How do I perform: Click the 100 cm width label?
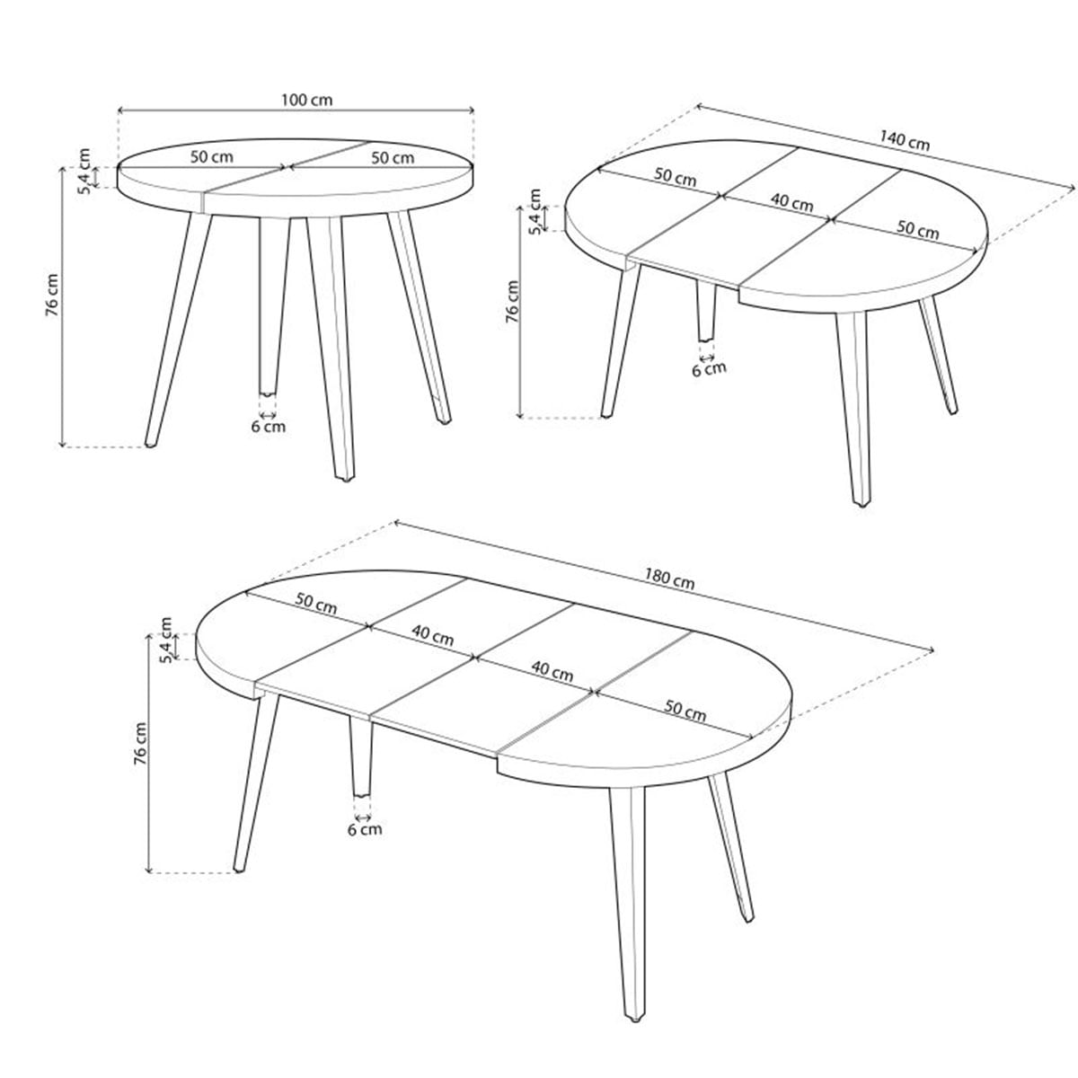pyautogui.click(x=306, y=100)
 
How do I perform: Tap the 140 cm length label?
pyautogui.click(x=905, y=140)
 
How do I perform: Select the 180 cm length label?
pyautogui.click(x=669, y=579)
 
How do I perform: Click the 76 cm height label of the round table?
pyautogui.click(x=52, y=295)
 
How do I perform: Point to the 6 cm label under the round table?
pyautogui.click(x=268, y=427)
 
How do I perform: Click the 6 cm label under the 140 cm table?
pyautogui.click(x=709, y=369)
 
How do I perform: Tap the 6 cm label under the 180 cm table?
pyautogui.click(x=365, y=828)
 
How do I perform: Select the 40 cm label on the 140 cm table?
pyautogui.click(x=791, y=202)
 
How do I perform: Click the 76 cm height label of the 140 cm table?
pyautogui.click(x=512, y=302)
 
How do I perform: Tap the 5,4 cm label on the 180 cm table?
pyautogui.click(x=167, y=640)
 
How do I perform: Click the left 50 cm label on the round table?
pyautogui.click(x=211, y=156)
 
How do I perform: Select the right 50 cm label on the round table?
pyautogui.click(x=393, y=158)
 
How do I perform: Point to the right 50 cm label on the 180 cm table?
pyautogui.click(x=685, y=711)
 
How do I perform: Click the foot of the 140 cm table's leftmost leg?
pyautogui.click(x=606, y=415)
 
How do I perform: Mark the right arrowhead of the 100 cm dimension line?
pyautogui.click(x=471, y=110)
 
